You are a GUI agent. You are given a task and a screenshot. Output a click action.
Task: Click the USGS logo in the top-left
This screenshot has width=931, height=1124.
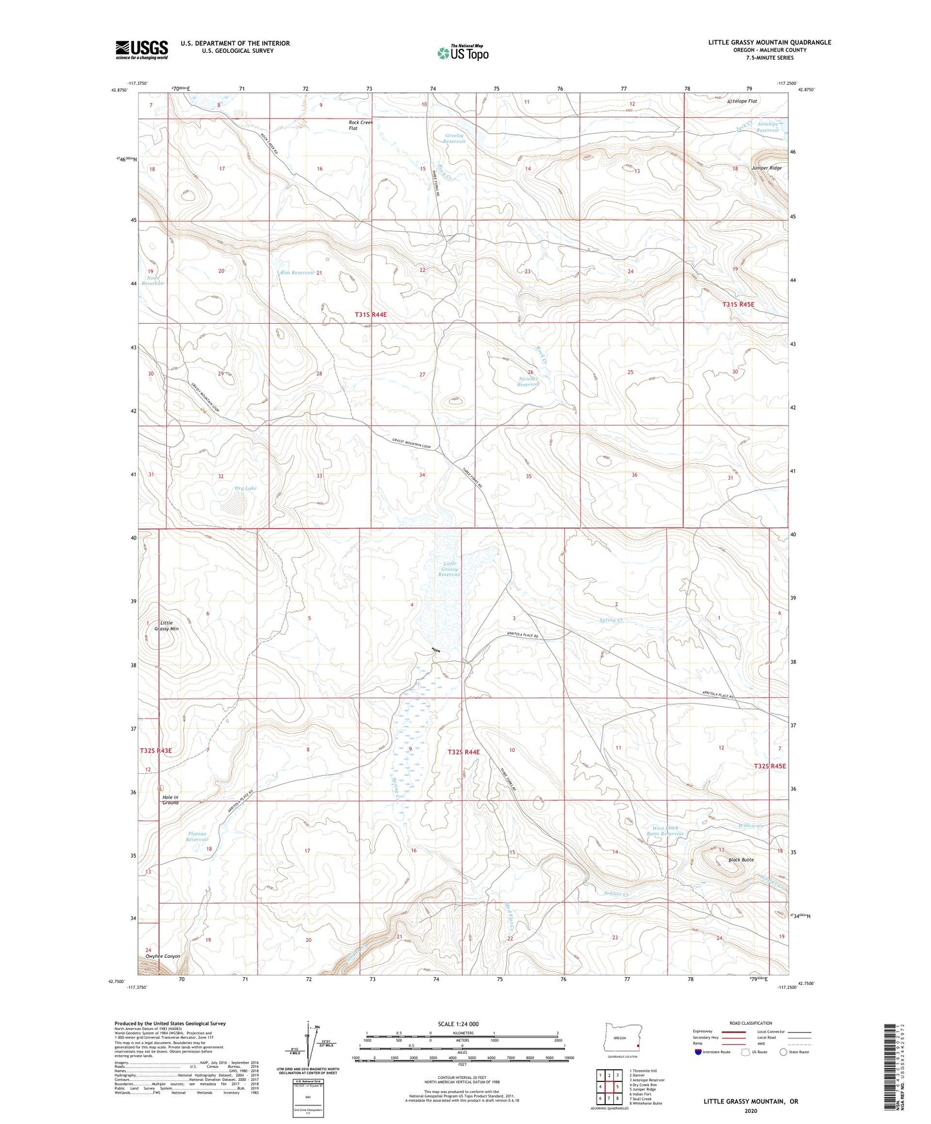(x=142, y=50)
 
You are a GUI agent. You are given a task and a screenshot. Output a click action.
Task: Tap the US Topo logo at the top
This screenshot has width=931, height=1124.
(x=462, y=53)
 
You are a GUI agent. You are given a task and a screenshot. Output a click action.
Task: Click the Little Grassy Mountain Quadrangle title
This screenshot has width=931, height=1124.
(x=769, y=42)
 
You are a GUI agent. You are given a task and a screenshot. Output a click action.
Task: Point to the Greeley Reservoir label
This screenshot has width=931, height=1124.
(x=455, y=138)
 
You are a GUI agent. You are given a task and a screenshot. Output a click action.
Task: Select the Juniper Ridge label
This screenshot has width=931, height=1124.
(x=766, y=168)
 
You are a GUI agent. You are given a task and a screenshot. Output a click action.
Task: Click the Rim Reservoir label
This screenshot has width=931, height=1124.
(x=297, y=272)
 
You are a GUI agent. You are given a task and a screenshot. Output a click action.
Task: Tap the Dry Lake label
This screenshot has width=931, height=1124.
(x=245, y=488)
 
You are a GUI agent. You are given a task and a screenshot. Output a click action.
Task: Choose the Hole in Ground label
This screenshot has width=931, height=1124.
(x=170, y=800)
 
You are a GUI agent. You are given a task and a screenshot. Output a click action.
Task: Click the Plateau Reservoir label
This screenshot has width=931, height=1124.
(x=198, y=836)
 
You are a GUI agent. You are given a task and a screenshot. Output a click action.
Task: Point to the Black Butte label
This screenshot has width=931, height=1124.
(x=740, y=859)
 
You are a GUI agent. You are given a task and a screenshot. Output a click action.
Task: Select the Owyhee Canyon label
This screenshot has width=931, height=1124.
(x=163, y=956)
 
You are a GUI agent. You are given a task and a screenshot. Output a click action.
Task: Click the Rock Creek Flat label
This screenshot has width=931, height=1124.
(x=360, y=125)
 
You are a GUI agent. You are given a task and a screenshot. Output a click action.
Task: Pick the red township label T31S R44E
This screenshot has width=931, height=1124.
(x=370, y=314)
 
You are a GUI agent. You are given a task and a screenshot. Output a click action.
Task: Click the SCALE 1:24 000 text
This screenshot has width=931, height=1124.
(x=458, y=1024)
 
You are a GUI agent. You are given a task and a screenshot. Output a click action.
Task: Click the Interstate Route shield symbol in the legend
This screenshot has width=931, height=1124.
(x=699, y=1052)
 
